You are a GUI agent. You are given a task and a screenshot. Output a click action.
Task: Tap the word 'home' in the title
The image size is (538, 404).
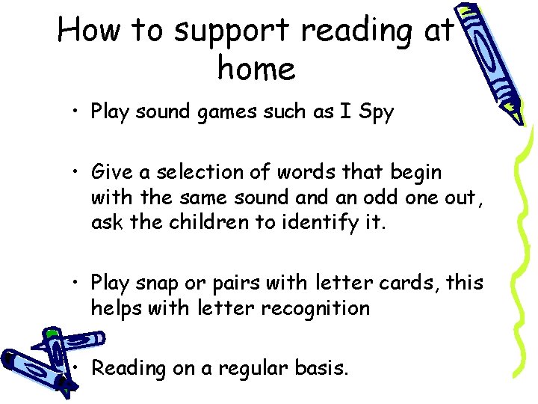256,69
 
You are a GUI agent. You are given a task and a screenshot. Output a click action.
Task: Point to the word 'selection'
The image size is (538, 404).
184,172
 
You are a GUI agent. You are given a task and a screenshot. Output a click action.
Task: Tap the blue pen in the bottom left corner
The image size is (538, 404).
45,359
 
